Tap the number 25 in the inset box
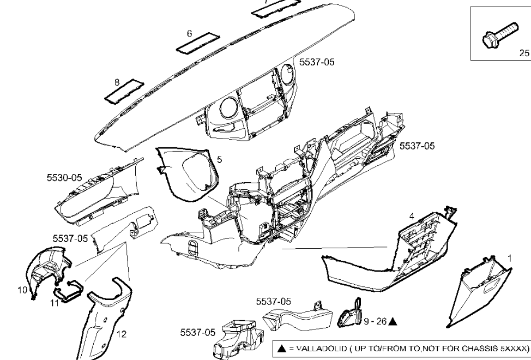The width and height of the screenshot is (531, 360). click(523, 53)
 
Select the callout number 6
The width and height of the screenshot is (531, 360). click(190, 34)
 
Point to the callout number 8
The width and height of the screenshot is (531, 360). click(117, 82)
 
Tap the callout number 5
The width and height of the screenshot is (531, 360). click(219, 160)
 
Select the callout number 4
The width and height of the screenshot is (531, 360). click(412, 216)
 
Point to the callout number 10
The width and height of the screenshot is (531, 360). click(22, 291)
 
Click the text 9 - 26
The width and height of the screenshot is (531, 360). click(375, 322)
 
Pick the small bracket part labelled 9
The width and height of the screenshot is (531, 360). click(350, 315)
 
